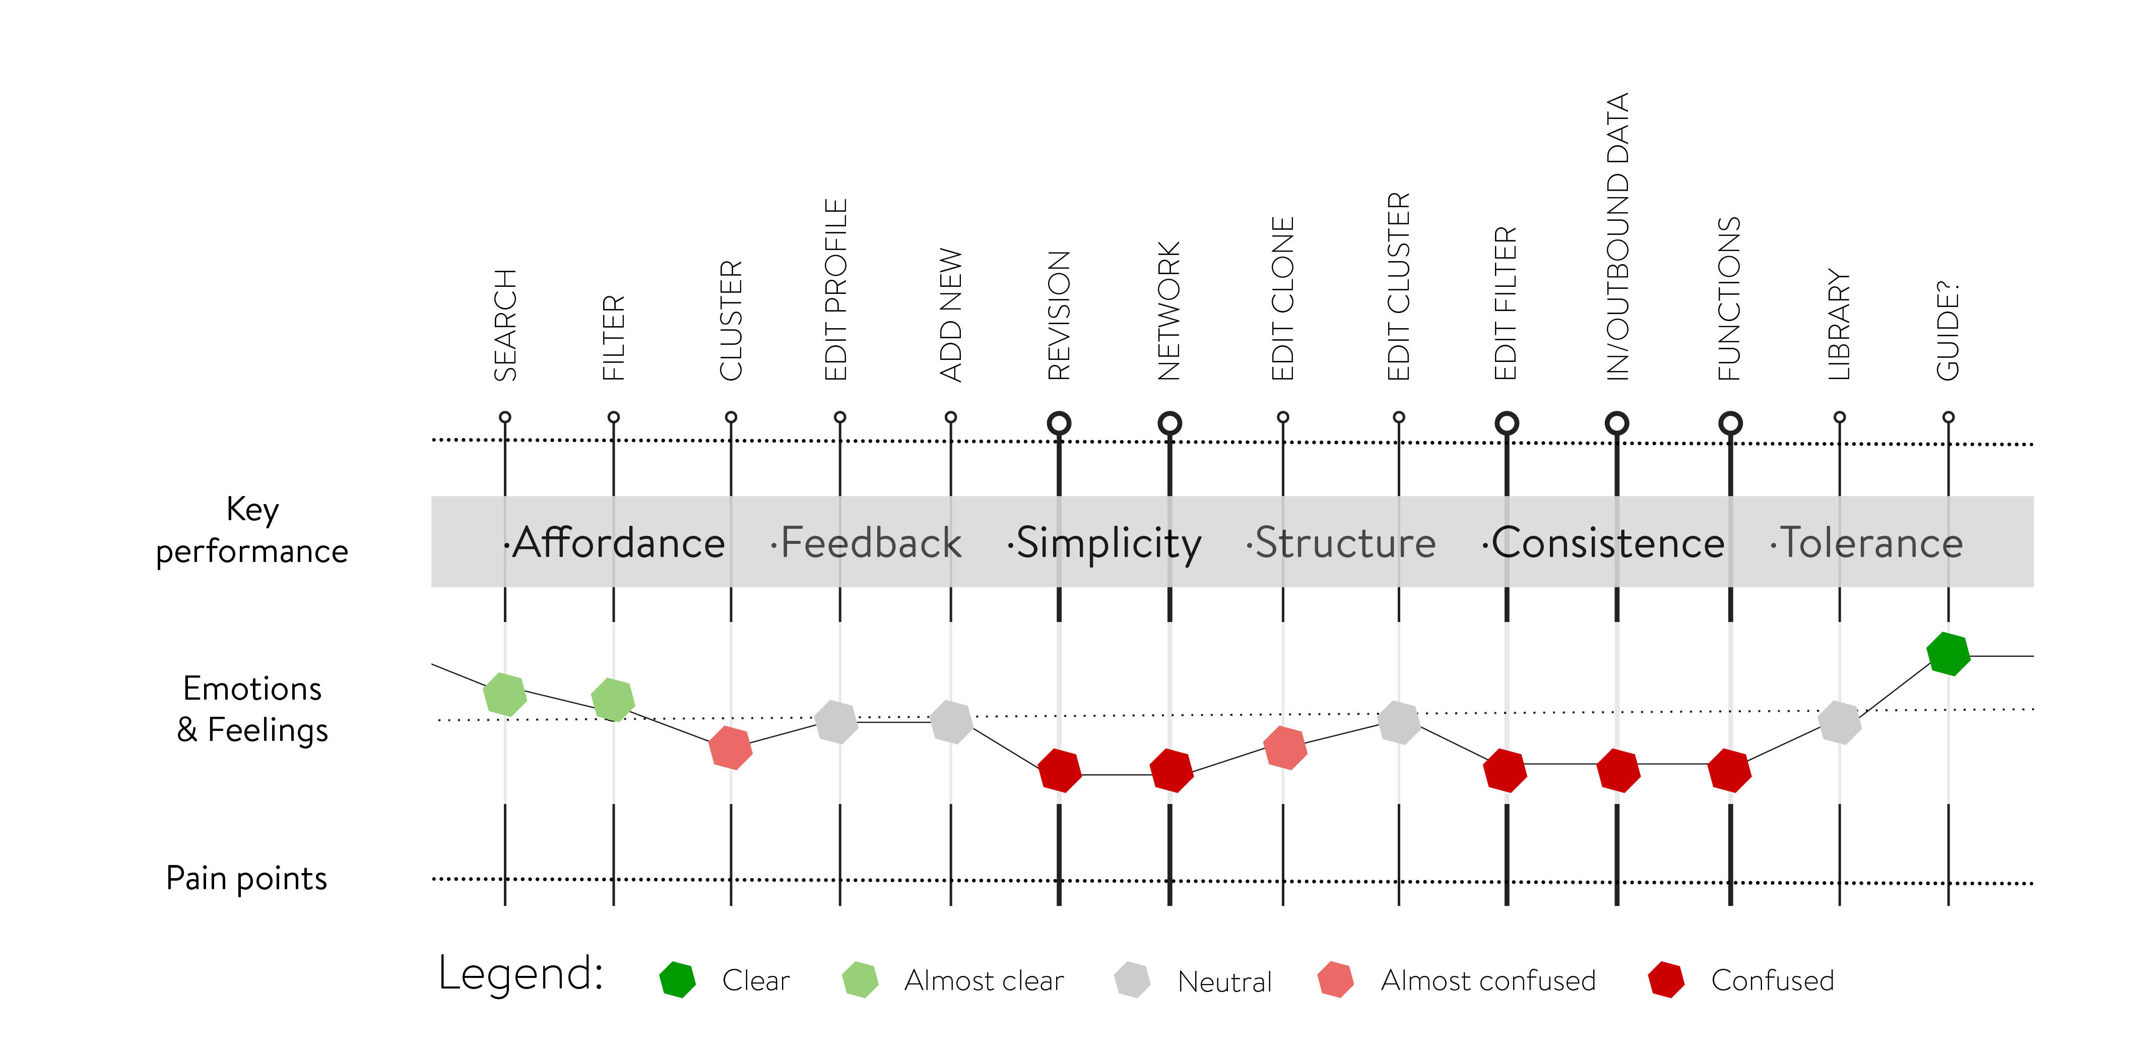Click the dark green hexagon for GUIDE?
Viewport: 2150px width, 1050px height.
click(x=1948, y=653)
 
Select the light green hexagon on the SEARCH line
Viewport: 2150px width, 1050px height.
click(x=505, y=694)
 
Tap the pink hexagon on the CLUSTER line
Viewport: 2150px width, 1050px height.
click(x=730, y=747)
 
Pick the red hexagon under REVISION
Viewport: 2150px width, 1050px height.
click(x=1059, y=770)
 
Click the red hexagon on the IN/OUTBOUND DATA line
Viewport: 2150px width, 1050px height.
click(x=1617, y=770)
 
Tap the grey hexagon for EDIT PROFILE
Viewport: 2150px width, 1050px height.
click(x=836, y=722)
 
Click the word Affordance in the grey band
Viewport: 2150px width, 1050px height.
click(x=618, y=543)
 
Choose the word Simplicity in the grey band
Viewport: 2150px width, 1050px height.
click(x=1107, y=543)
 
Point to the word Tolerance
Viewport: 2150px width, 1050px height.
click(x=1871, y=543)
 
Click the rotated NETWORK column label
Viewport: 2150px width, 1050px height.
click(x=1169, y=311)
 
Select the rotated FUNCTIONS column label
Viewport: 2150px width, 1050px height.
click(x=1729, y=298)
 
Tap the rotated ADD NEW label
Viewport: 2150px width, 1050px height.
click(x=951, y=315)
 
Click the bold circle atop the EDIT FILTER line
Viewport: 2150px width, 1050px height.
click(x=1507, y=423)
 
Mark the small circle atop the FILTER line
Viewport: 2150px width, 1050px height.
click(x=613, y=417)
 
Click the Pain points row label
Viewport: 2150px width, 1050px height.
click(x=246, y=878)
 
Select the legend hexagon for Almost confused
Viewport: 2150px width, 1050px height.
click(x=1335, y=980)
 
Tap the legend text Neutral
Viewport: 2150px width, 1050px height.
click(x=1224, y=981)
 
